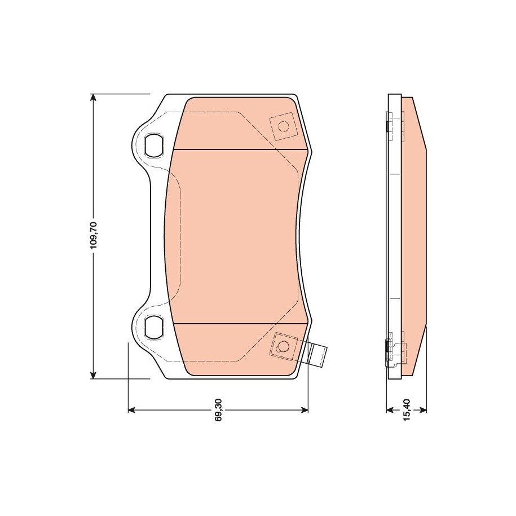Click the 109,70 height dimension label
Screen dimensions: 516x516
(94, 236)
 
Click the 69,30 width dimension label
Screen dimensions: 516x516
(218, 410)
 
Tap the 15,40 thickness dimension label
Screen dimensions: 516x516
(407, 410)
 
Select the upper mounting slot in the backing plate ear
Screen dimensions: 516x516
(153, 145)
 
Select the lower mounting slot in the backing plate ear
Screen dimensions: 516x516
(153, 327)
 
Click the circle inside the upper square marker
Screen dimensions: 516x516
(283, 126)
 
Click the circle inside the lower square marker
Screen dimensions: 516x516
(283, 346)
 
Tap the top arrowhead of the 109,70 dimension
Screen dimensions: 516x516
(94, 98)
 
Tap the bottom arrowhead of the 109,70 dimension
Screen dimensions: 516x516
(94, 374)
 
